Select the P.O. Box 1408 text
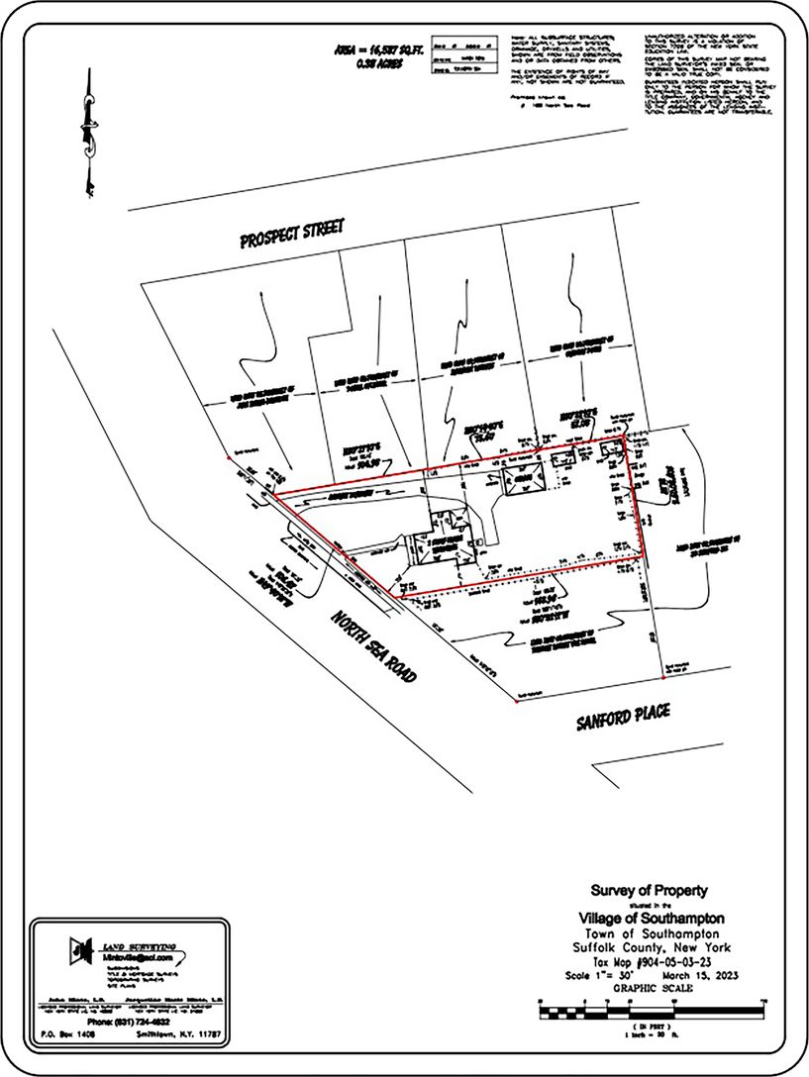(68, 1034)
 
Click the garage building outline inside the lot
(521, 479)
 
